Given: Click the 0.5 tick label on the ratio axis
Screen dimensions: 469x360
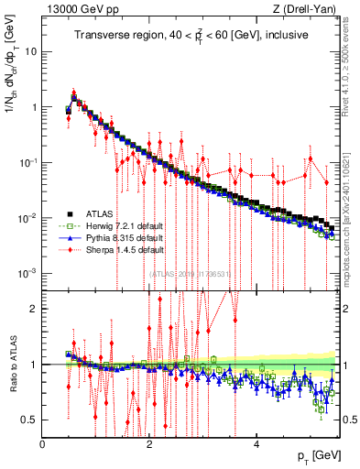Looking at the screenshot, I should pos(31,420).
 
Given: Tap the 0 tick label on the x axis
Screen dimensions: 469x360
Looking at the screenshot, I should pos(43,444).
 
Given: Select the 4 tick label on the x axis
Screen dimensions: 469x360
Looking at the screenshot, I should pos(256,444).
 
